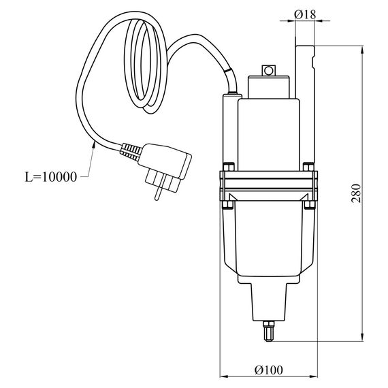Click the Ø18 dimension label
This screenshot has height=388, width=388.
click(305, 14)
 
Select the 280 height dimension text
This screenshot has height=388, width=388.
click(356, 193)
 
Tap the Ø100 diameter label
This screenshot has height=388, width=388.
click(268, 370)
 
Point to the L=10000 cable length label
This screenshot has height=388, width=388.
click(51, 177)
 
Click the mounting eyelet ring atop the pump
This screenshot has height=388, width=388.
click(268, 71)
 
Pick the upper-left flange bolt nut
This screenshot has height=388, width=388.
click(229, 167)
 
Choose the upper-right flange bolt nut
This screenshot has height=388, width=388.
click(308, 167)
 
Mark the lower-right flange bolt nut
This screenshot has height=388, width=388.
click(309, 205)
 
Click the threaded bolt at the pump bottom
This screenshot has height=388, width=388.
click(269, 331)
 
